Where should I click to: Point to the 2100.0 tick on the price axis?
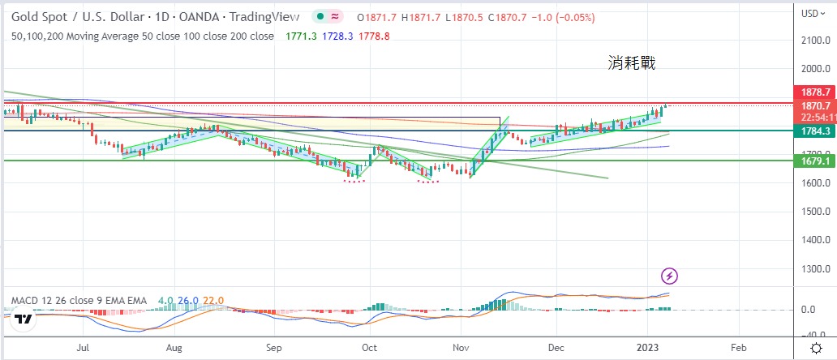coord(818,40)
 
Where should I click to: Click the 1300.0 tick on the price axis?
coord(818,268)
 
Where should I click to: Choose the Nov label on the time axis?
coord(461,347)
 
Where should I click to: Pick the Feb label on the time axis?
coord(738,347)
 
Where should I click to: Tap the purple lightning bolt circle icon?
coord(670,276)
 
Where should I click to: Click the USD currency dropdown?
coord(813,13)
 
